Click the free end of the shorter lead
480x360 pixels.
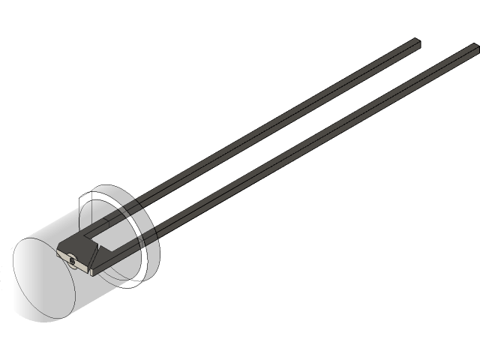[416, 43]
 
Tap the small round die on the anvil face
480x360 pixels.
[71, 260]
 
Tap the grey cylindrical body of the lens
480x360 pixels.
[60, 225]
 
